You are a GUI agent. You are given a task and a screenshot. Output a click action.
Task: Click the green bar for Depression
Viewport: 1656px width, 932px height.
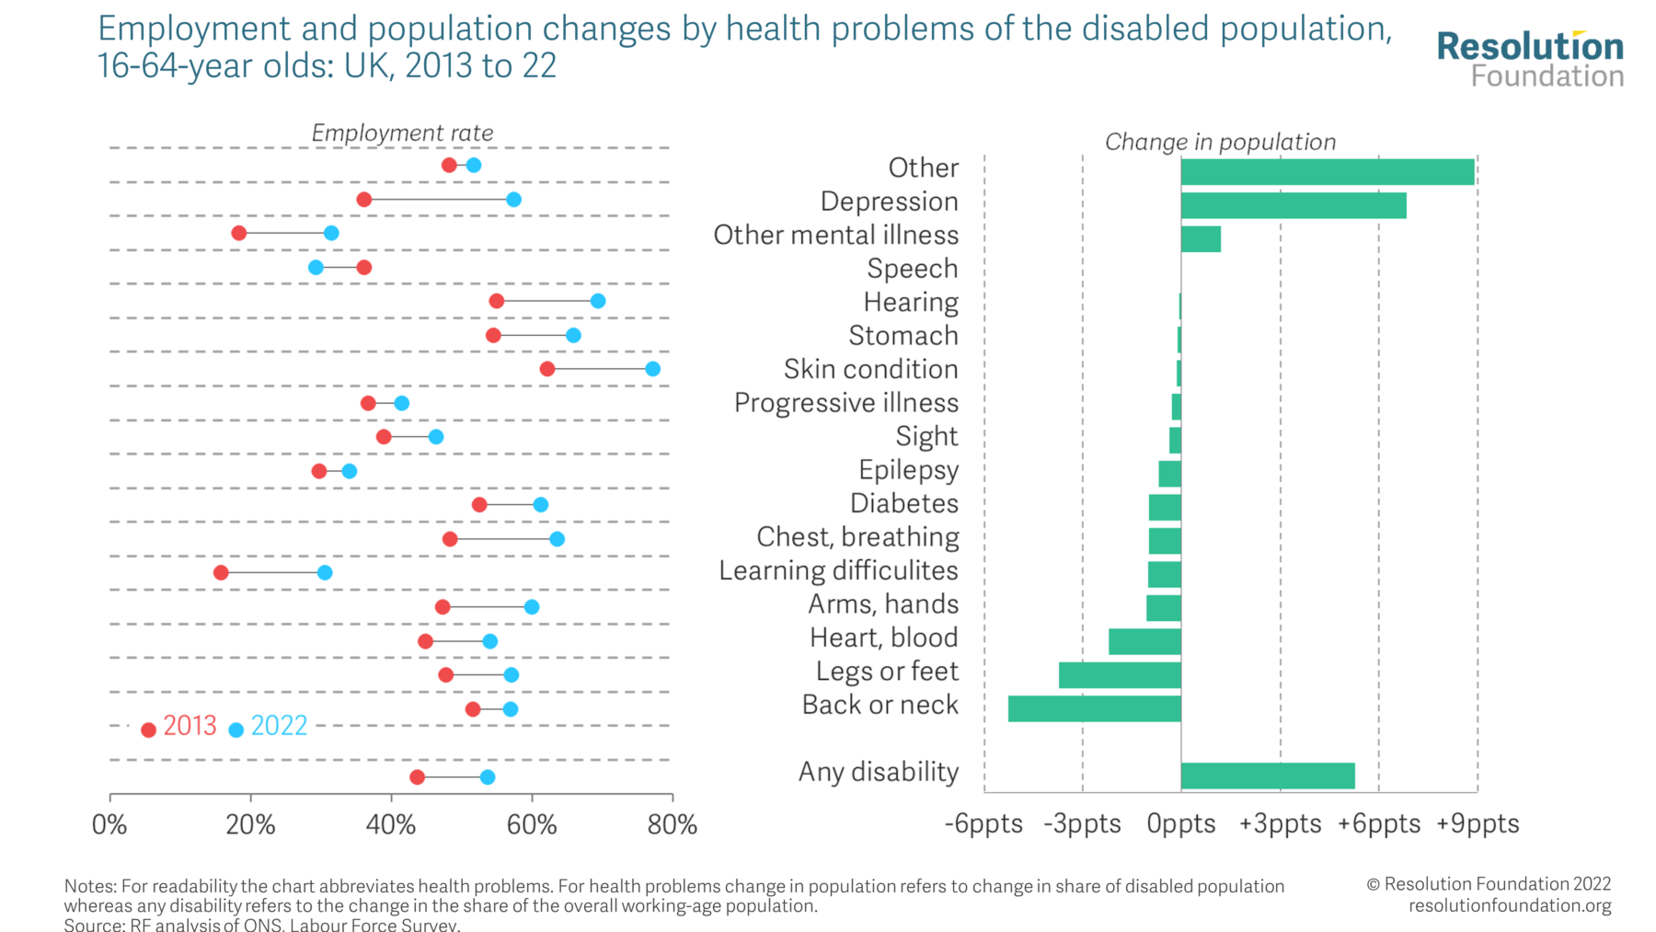point(1293,205)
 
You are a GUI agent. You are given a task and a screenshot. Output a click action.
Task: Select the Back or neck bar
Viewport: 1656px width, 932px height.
point(1094,708)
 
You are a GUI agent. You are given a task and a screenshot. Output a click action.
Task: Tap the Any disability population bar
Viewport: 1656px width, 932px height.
point(1267,776)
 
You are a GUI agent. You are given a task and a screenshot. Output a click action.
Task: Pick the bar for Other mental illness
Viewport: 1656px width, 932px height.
point(1201,239)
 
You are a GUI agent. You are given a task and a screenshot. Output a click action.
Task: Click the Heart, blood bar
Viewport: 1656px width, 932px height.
point(1144,641)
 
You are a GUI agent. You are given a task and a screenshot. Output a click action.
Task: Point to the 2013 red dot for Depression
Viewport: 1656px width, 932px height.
point(364,200)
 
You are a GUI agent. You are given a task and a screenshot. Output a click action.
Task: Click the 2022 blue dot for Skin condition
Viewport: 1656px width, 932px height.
point(652,369)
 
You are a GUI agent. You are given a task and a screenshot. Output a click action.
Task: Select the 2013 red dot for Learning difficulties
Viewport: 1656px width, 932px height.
point(221,573)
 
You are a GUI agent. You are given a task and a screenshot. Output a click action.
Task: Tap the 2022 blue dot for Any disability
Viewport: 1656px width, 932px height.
point(488,777)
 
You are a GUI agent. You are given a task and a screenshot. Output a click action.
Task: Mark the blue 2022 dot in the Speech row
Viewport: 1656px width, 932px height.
point(316,268)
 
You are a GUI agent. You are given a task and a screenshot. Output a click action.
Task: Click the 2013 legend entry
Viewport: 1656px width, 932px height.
point(179,727)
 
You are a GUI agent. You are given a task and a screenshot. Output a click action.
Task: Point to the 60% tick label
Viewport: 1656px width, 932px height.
point(532,824)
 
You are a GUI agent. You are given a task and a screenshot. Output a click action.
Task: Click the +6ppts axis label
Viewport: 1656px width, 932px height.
point(1378,824)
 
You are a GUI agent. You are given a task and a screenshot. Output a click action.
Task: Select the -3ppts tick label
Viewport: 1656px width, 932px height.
point(1082,824)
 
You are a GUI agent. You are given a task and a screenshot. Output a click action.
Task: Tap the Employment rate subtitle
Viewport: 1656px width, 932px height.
point(402,133)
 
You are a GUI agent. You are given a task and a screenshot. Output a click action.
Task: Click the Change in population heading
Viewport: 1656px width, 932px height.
point(1220,142)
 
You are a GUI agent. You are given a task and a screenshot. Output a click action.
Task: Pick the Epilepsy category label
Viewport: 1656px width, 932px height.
point(908,470)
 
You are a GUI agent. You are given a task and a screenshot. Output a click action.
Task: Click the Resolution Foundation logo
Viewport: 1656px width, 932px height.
point(1530,59)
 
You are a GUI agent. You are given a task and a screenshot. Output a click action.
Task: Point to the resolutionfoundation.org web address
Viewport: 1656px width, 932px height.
point(1509,905)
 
